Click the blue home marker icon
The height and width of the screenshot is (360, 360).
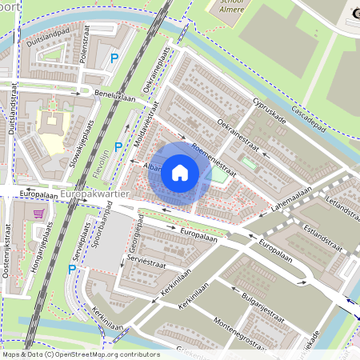tap(180, 172)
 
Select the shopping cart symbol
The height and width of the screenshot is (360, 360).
tap(39, 214)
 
